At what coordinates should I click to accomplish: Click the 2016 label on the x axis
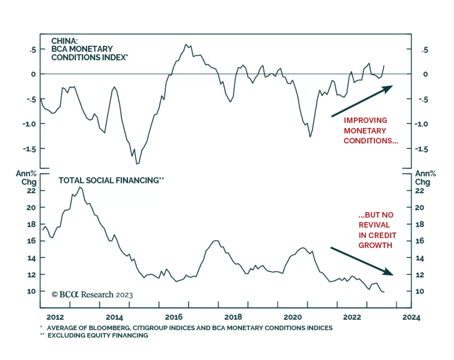click(x=174, y=317)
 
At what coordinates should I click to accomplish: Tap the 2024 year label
click(x=411, y=317)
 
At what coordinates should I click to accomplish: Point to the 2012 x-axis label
click(x=55, y=317)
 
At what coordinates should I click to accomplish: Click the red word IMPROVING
click(x=365, y=120)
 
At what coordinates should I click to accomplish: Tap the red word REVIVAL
click(x=374, y=225)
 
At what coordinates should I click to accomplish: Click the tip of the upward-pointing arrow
click(x=393, y=86)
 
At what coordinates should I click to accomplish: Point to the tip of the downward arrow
click(x=393, y=275)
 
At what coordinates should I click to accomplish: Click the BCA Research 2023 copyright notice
click(x=92, y=295)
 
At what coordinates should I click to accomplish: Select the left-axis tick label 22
click(x=31, y=191)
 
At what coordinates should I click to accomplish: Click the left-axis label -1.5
click(x=30, y=149)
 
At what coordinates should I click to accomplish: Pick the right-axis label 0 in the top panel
click(x=425, y=74)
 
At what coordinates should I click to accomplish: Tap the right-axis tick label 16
click(x=420, y=241)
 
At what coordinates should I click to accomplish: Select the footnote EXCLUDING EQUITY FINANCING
click(x=98, y=335)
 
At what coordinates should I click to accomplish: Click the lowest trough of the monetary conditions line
click(x=137, y=164)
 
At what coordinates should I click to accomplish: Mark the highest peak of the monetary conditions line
click(x=186, y=44)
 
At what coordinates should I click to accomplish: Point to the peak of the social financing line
click(x=80, y=187)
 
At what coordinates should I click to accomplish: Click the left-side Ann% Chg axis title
click(x=27, y=178)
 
